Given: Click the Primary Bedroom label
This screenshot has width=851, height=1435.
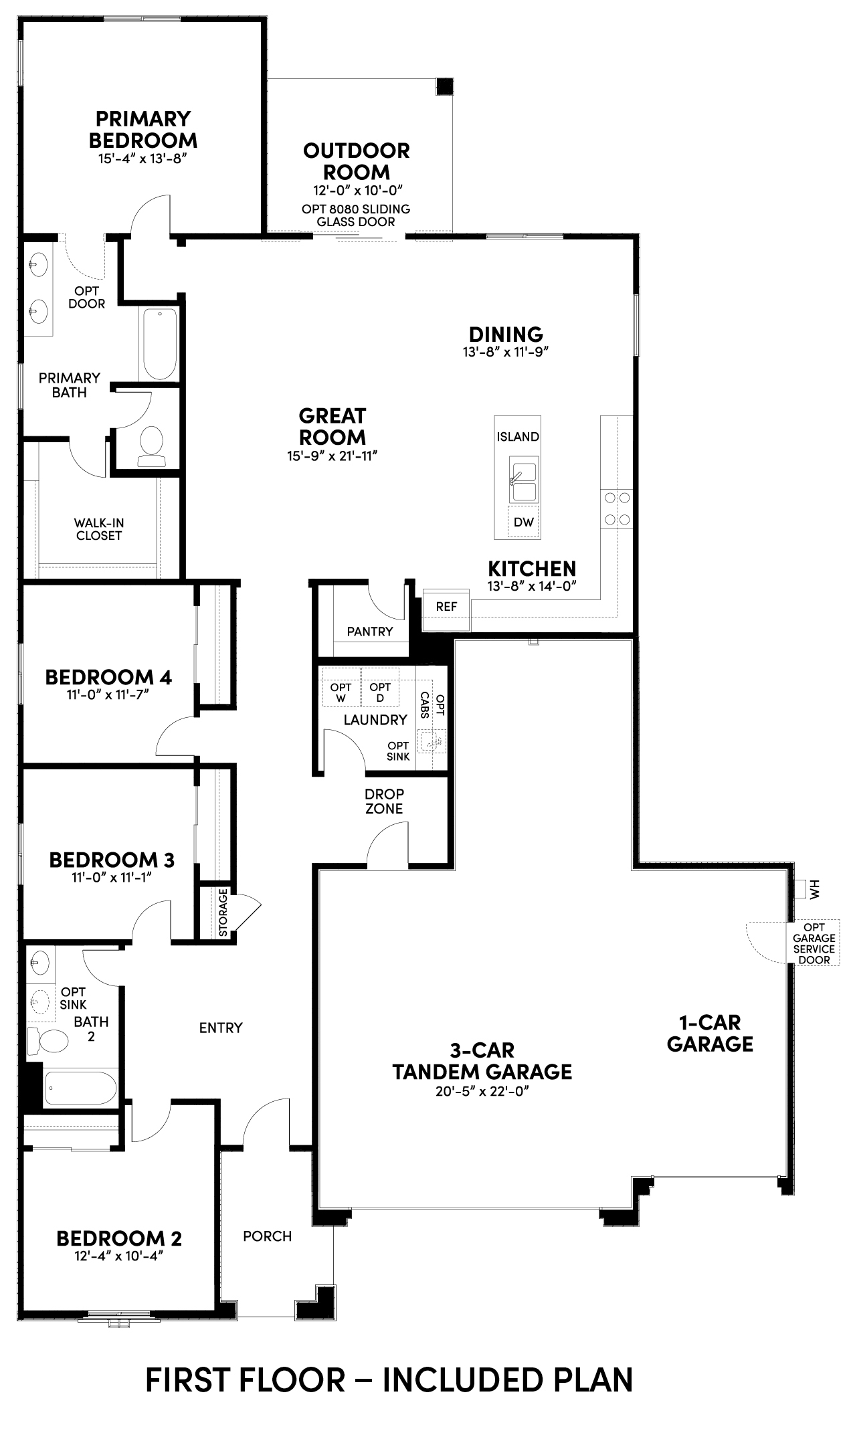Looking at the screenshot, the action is (x=143, y=130).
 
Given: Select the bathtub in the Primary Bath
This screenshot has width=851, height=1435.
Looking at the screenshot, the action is (x=159, y=344).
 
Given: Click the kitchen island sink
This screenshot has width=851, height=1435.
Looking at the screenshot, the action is (x=523, y=480).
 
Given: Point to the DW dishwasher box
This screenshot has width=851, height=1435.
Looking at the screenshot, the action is (x=524, y=522).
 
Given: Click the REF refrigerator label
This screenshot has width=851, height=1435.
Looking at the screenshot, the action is (x=446, y=607).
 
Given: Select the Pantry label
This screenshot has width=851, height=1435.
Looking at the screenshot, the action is (x=370, y=631).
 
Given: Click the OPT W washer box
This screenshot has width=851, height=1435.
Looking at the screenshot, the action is (x=341, y=686).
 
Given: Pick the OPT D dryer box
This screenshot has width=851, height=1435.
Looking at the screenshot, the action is (x=380, y=686).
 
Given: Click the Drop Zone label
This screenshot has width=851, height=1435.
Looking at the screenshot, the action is (x=384, y=801).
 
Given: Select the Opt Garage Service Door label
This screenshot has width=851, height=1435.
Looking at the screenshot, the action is (x=814, y=943).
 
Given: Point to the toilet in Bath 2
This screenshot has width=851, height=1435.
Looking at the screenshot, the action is (x=48, y=1042).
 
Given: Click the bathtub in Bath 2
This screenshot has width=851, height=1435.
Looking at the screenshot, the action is (x=80, y=1088).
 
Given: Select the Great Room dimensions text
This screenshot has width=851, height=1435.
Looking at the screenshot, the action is (x=332, y=456).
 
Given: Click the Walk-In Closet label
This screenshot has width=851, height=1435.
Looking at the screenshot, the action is (x=99, y=529).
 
